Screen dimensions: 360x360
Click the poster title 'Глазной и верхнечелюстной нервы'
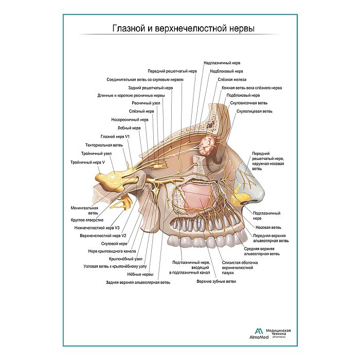pos(184,28)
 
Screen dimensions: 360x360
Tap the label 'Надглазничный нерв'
pos(222,63)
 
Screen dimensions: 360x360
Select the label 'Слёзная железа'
pos(232,79)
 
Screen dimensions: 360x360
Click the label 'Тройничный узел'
pos(96,153)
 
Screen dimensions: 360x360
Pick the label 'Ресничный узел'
pos(146,103)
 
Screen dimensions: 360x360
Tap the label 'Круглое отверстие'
pos(87,220)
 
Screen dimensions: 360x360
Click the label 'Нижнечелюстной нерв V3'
pos(97,228)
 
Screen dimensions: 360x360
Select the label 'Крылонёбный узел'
pos(125,259)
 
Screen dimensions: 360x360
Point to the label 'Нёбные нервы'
pos(140,274)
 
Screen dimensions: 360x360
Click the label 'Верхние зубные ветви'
pos(216,281)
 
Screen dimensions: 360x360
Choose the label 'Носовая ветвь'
pos(268,227)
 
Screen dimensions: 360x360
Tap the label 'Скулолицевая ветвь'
pos(254,111)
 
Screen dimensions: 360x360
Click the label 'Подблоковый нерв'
pos(243,95)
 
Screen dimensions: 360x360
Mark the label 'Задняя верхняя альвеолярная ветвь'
pos(138,282)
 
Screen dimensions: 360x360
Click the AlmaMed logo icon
pos(259,331)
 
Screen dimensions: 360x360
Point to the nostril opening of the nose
pos(245,203)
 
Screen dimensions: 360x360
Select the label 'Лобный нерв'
pos(129,128)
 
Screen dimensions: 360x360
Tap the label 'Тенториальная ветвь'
pos(104,145)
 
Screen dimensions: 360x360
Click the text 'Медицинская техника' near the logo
pos(278,332)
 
